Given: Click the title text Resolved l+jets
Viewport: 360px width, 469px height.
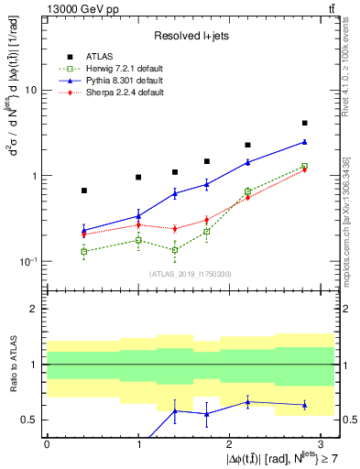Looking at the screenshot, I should point(190,35).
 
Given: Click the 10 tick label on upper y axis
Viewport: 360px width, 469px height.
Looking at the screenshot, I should point(31,91).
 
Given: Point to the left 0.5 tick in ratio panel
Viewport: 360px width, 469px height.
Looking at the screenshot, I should point(32,420).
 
